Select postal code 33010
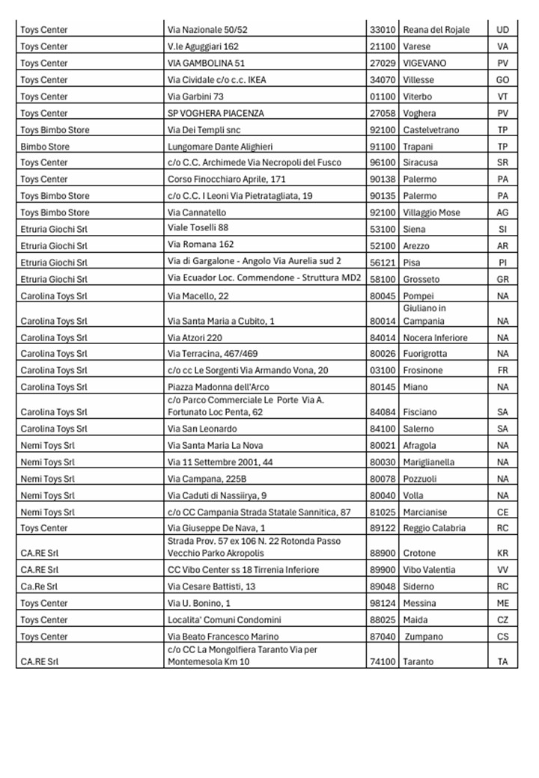(383, 30)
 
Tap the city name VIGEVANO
(424, 63)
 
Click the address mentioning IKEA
(217, 80)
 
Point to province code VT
(502, 97)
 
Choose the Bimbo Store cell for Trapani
(44, 147)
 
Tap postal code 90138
(383, 180)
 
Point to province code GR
(502, 279)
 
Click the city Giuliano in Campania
(424, 314)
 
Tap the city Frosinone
(423, 370)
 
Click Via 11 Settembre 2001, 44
(220, 462)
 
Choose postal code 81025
(383, 512)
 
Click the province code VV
(502, 570)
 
